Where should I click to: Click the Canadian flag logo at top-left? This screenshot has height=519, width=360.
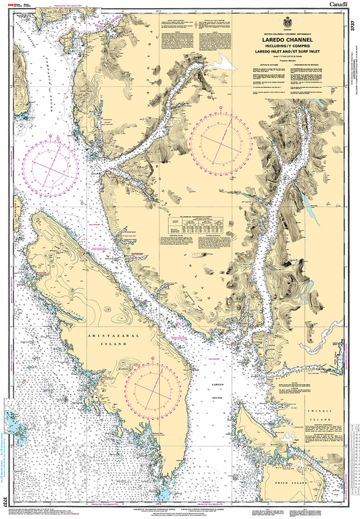9,5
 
